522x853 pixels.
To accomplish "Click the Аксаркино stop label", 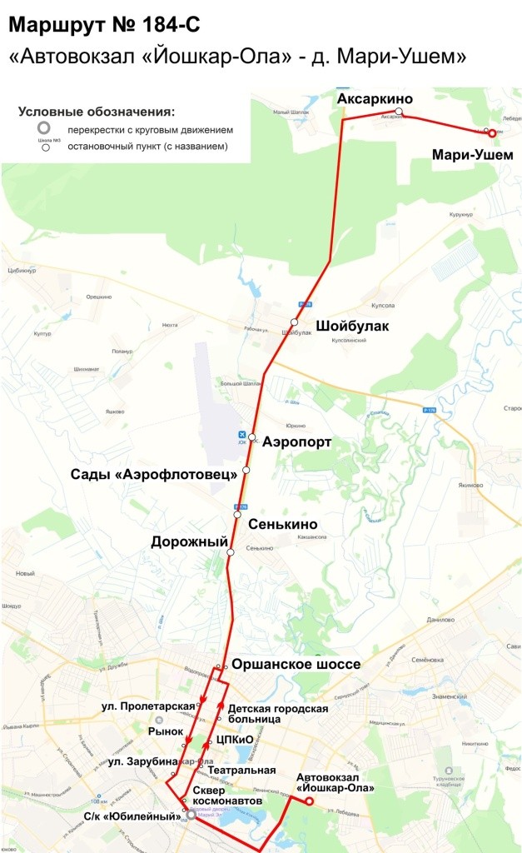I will [x=375, y=99].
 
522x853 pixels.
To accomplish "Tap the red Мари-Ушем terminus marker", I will [x=492, y=133].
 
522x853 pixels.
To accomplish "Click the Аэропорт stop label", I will [x=297, y=441].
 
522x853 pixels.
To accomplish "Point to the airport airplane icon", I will [x=242, y=435].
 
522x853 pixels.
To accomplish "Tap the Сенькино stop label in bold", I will [x=288, y=524].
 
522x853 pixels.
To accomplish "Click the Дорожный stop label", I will [x=189, y=541].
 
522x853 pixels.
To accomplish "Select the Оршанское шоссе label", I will [x=296, y=664].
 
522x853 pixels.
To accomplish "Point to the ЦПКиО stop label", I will [x=234, y=738].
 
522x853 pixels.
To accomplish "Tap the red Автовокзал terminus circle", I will [x=309, y=801].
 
